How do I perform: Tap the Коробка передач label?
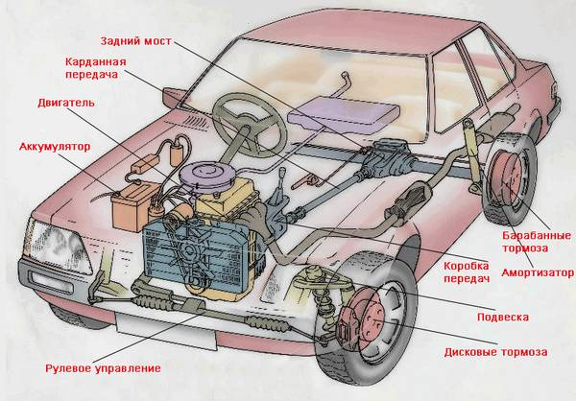[467, 271]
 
